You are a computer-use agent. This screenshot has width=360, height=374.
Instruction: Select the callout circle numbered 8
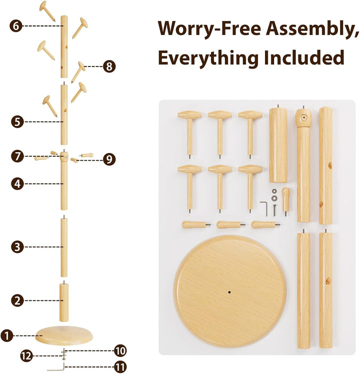pos(109,66)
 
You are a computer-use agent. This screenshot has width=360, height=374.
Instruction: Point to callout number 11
pos(120,367)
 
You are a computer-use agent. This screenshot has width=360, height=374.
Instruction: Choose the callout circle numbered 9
pos(109,159)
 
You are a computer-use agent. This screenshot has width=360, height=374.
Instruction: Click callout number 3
pos(17,247)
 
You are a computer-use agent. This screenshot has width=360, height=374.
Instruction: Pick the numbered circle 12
pos(27,356)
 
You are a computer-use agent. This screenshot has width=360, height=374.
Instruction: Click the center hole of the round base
pos(228,291)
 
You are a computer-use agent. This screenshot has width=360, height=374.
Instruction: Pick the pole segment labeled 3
pos(64,247)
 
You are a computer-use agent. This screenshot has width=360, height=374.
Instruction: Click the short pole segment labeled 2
pos(63,302)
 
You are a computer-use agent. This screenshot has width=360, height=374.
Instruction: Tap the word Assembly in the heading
pos(308,30)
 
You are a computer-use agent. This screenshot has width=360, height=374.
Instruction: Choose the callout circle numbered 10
pos(120,350)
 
